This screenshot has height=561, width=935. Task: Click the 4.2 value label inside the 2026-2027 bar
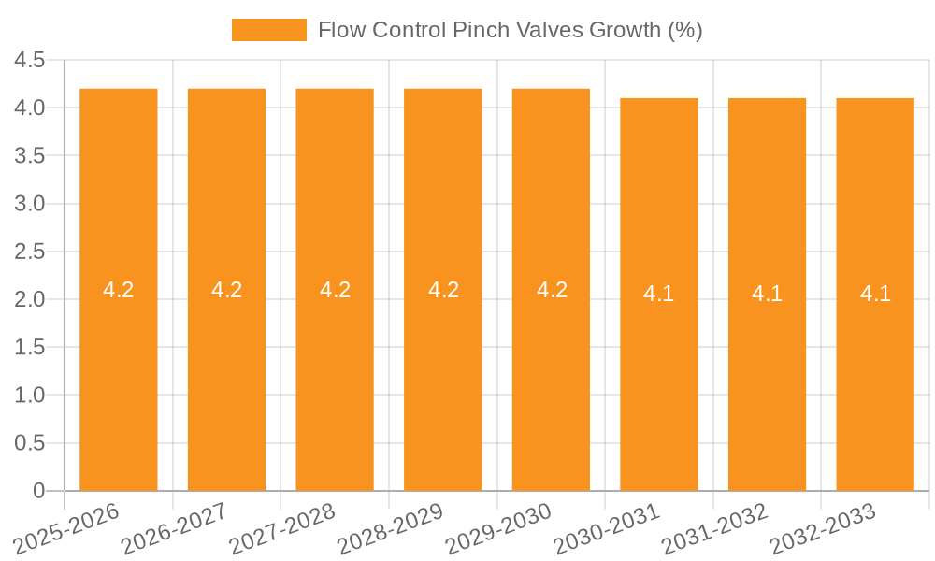click(226, 290)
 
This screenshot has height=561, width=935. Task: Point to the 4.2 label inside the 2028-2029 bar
click(443, 290)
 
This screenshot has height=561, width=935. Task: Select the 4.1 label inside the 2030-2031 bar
click(659, 294)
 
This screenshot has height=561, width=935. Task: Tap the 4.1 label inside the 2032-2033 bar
click(875, 294)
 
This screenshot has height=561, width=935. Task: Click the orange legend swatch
click(269, 30)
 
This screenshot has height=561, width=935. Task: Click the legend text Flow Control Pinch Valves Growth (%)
click(510, 30)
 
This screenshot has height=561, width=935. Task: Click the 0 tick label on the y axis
click(38, 491)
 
